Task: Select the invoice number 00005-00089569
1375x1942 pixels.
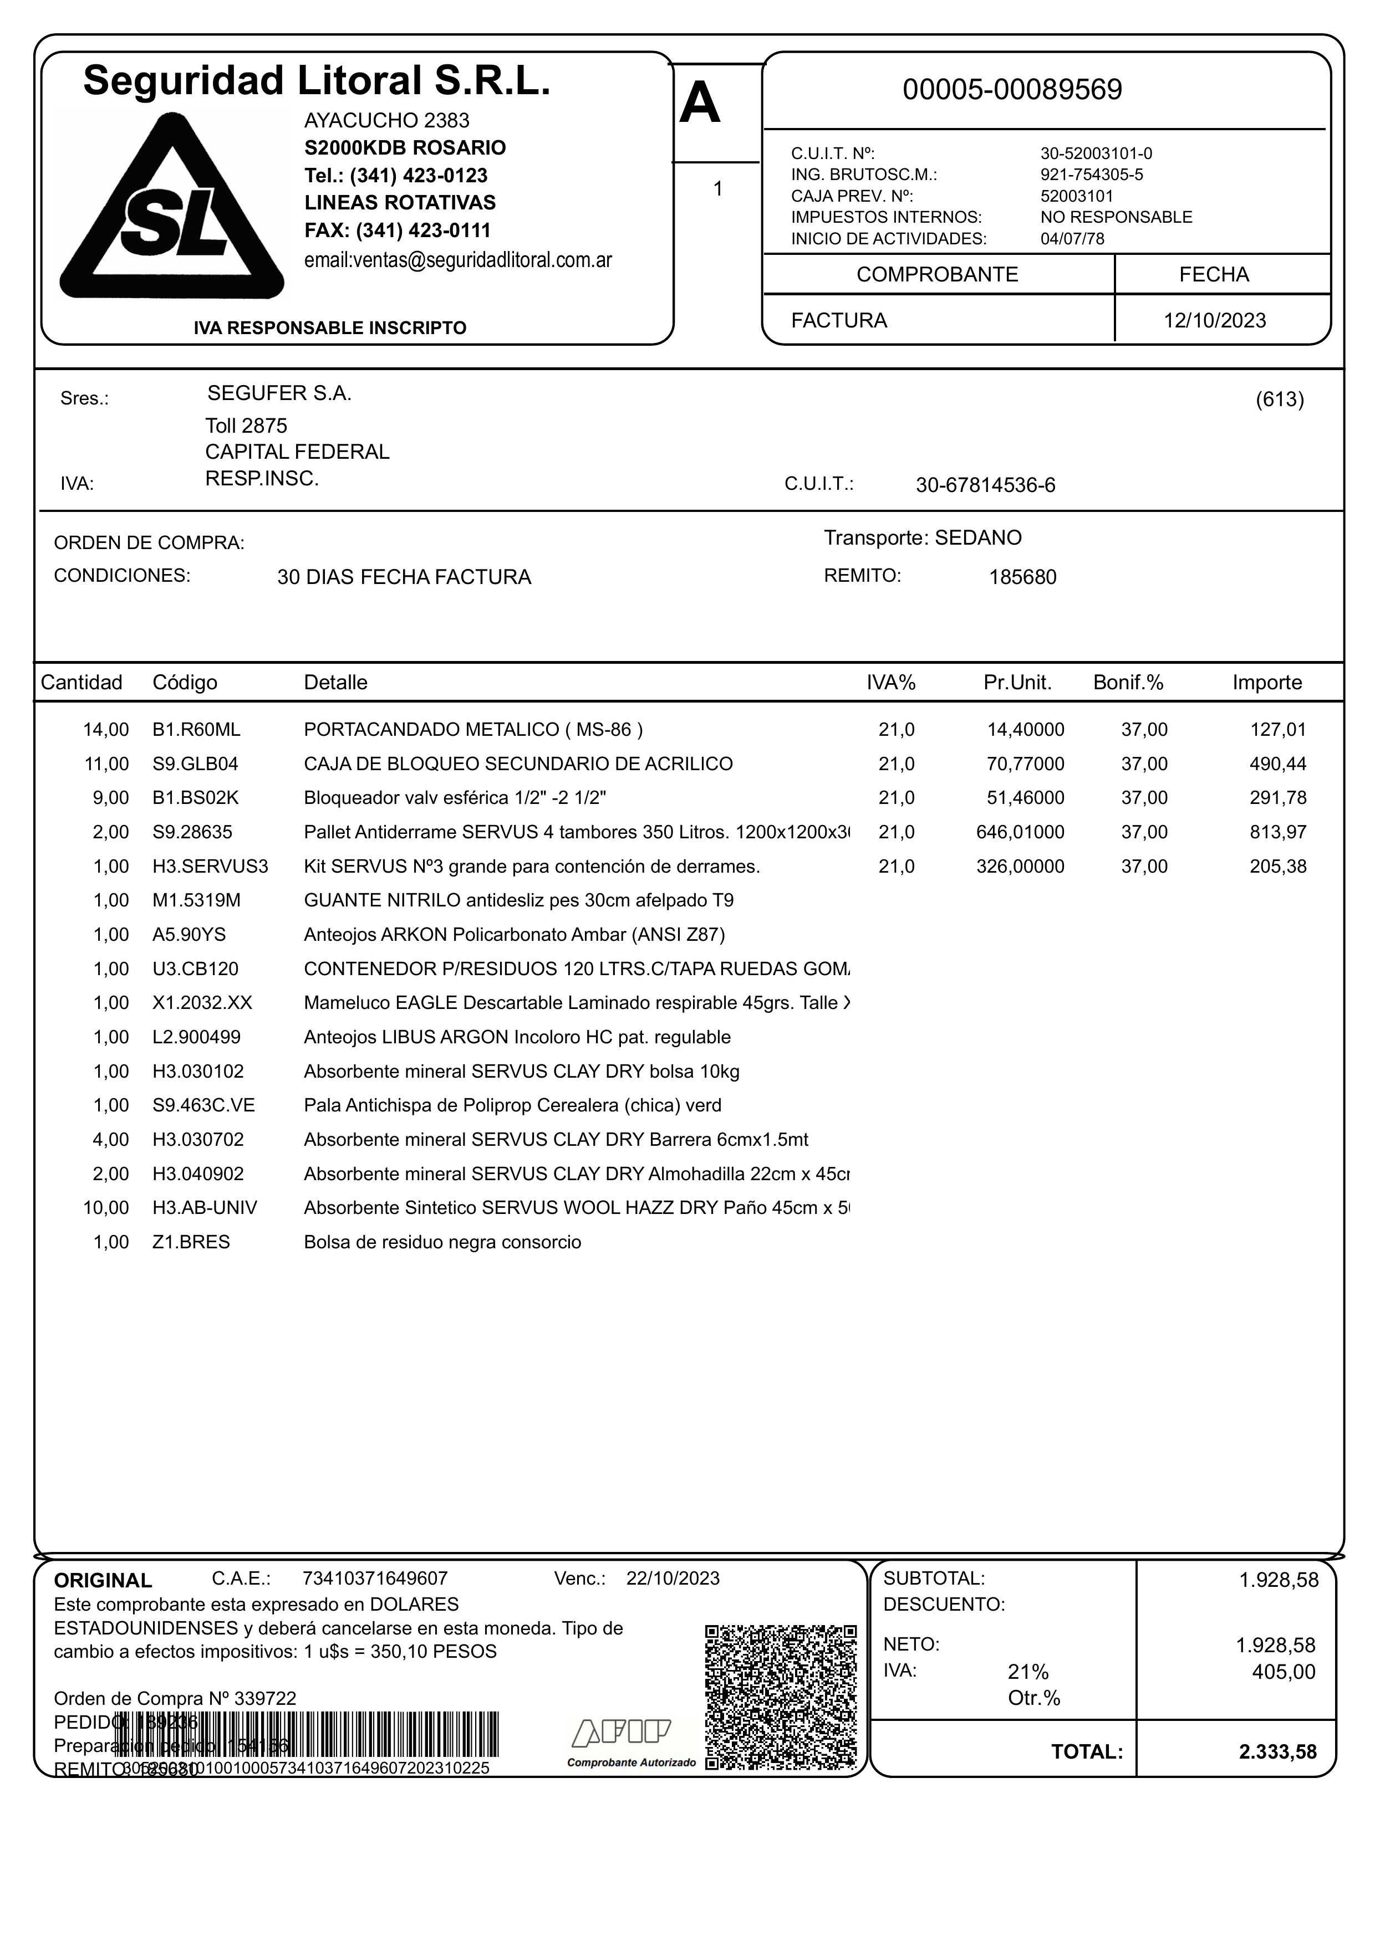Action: (x=1012, y=90)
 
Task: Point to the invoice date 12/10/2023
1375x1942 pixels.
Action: (x=1214, y=321)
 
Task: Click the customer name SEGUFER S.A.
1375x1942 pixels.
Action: (x=279, y=393)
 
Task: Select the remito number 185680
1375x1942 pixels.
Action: (x=1022, y=578)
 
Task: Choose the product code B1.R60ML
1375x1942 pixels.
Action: (x=196, y=729)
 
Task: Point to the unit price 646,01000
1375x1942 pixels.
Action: (x=1020, y=833)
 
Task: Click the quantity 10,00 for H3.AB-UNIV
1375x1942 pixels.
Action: (x=106, y=1208)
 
